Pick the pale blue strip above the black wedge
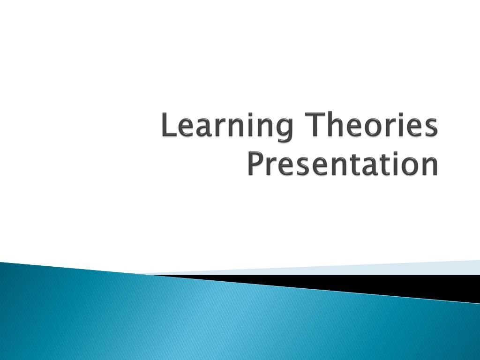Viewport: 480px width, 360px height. tap(375, 268)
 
